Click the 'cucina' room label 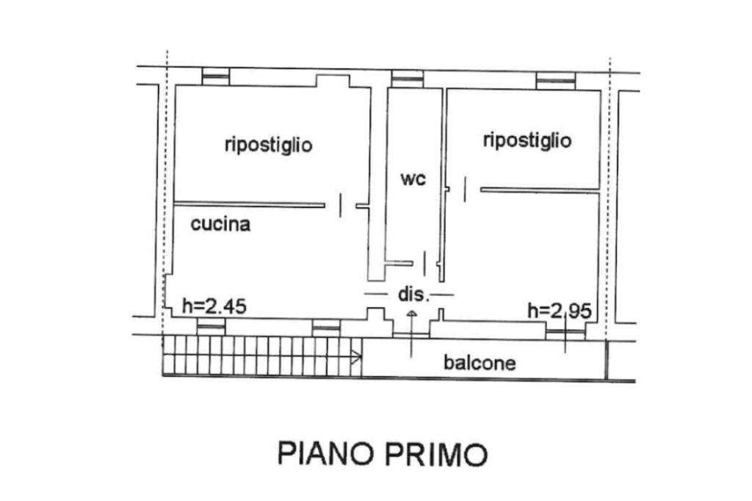pos(220,224)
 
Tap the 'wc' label pos(413,179)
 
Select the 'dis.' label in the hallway pos(414,294)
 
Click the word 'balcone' pos(480,362)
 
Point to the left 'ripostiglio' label pos(269,145)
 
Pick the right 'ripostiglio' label pos(527,140)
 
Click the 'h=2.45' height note pos(214,306)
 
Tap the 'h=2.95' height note pos(559,311)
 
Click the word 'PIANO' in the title pos(327,454)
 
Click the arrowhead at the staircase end pos(357,356)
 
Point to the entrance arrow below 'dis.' pos(411,334)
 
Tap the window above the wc pos(407,79)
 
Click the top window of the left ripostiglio pos(216,76)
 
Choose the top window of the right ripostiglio pos(555,81)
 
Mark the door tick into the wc pos(424,263)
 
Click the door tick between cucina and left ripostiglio pos(341,206)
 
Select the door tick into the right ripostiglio pos(464,189)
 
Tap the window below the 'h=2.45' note pos(211,328)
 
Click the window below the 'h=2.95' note pos(565,331)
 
